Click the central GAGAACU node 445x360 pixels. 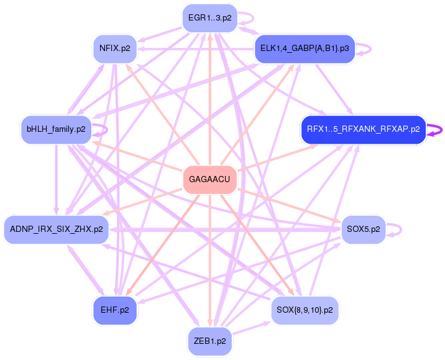coord(210,179)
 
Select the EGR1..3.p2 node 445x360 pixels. coord(209,17)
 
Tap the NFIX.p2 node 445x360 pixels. coord(115,48)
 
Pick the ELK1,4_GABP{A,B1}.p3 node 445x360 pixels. coord(305,48)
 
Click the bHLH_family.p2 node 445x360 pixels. coord(56,129)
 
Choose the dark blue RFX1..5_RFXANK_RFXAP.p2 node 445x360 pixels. coord(363,129)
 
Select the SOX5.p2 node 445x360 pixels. coord(363,229)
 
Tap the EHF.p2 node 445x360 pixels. coord(115,310)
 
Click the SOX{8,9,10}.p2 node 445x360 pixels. coord(305,309)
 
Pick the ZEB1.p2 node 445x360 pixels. coord(209,341)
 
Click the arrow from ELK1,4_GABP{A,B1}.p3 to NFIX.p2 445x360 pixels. coord(199,48)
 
